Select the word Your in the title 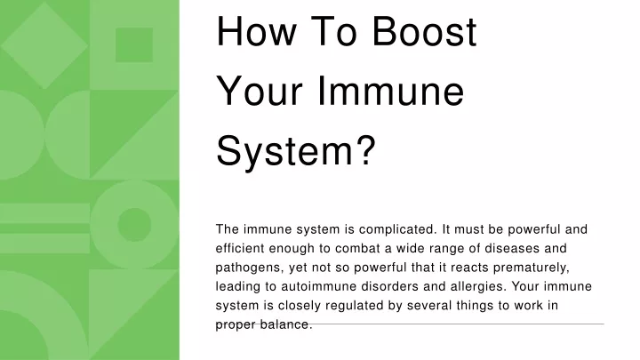pos(260,91)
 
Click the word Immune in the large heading pos(390,91)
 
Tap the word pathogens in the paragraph pos(250,268)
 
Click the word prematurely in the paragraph pos(531,268)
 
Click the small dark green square pos(134,45)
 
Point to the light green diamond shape pos(44,45)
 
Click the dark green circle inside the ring pos(134,225)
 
